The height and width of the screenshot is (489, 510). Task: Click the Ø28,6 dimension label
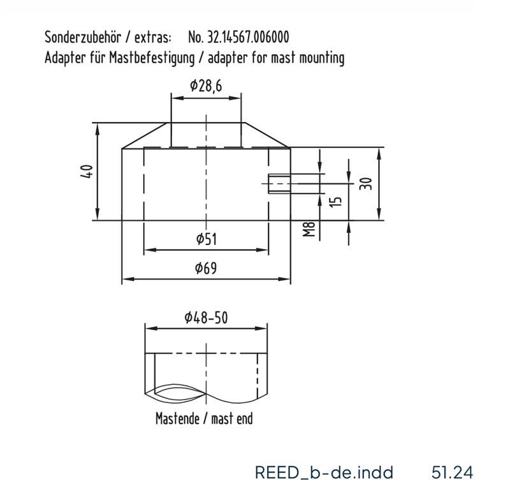(205, 86)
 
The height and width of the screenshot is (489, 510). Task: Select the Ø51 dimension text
(206, 239)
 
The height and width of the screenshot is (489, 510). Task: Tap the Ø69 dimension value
(206, 268)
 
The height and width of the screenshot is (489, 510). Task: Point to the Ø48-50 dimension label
(206, 317)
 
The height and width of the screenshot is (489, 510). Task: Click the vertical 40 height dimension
(87, 171)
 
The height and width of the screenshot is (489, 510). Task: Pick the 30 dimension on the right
(365, 183)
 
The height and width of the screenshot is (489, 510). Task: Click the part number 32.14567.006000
(243, 38)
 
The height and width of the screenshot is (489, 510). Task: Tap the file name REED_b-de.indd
(324, 472)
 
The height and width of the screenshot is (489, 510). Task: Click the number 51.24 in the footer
(453, 472)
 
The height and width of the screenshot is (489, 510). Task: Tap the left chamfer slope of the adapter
(145, 135)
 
